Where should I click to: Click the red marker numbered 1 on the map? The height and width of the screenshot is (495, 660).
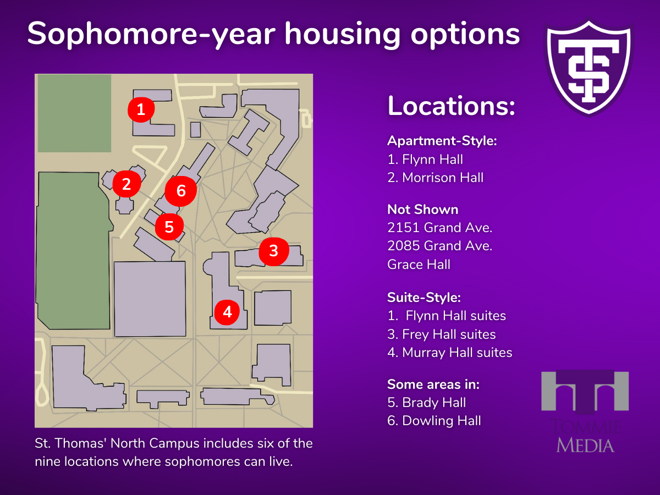click(x=141, y=109)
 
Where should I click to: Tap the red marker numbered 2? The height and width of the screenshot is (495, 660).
click(x=127, y=184)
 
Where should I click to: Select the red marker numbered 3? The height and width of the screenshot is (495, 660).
click(x=273, y=251)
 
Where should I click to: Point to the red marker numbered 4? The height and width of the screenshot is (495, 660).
click(x=227, y=312)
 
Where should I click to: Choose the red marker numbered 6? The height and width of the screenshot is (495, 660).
click(x=181, y=190)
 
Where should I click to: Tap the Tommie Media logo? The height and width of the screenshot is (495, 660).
click(x=585, y=411)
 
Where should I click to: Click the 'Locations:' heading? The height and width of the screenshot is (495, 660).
click(x=452, y=106)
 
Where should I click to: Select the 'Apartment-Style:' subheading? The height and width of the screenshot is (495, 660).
click(x=442, y=141)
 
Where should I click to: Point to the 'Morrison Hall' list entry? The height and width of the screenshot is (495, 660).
click(x=436, y=178)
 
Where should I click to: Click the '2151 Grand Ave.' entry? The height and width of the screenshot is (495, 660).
click(x=439, y=228)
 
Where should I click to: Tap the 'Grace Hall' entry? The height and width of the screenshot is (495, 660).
click(x=419, y=265)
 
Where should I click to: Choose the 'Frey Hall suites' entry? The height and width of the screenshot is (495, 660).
click(x=442, y=334)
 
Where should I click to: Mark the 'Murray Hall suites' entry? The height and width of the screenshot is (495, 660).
click(x=450, y=353)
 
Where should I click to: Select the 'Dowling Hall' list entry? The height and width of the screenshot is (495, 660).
click(x=434, y=421)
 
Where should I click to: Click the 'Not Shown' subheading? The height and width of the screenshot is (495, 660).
click(x=423, y=210)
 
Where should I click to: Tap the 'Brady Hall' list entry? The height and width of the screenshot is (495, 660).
click(x=426, y=403)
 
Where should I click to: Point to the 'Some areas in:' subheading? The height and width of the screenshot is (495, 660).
click(x=433, y=384)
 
